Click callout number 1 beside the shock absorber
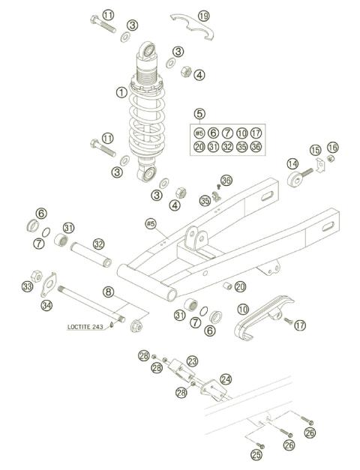121,93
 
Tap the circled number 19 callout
204,16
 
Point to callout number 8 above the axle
108,292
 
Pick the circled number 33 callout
28,286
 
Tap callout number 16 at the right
332,147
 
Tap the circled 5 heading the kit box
199,113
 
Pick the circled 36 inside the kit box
256,146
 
